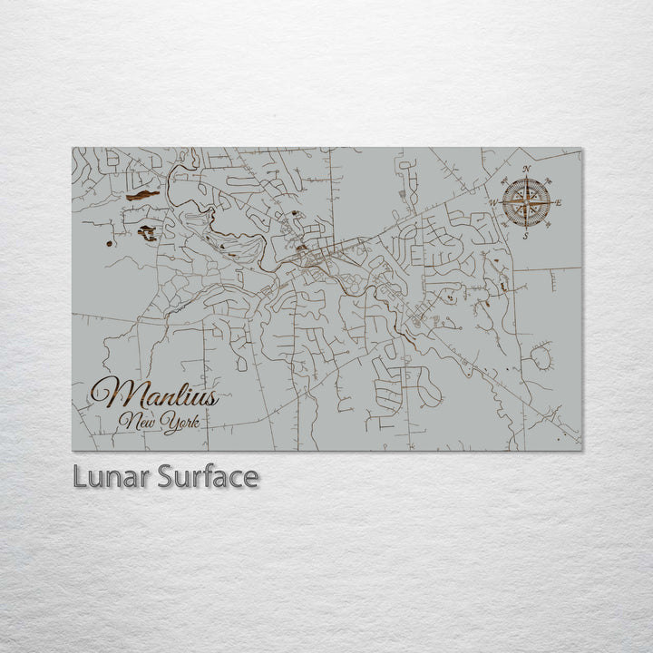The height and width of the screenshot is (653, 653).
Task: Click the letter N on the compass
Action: (527, 170)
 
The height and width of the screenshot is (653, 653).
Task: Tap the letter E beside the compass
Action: (558, 202)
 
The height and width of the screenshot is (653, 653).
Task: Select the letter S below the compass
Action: (526, 236)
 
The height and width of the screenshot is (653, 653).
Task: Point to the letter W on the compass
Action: (494, 203)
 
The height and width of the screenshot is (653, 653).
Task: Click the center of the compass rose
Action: (526, 202)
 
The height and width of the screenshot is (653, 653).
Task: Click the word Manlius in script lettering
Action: (154, 395)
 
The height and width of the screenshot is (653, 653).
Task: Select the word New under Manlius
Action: (137, 421)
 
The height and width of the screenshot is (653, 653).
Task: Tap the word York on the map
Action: (180, 423)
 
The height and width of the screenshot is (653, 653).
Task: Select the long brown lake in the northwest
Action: (142, 195)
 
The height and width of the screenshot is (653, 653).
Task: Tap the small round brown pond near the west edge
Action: (109, 243)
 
